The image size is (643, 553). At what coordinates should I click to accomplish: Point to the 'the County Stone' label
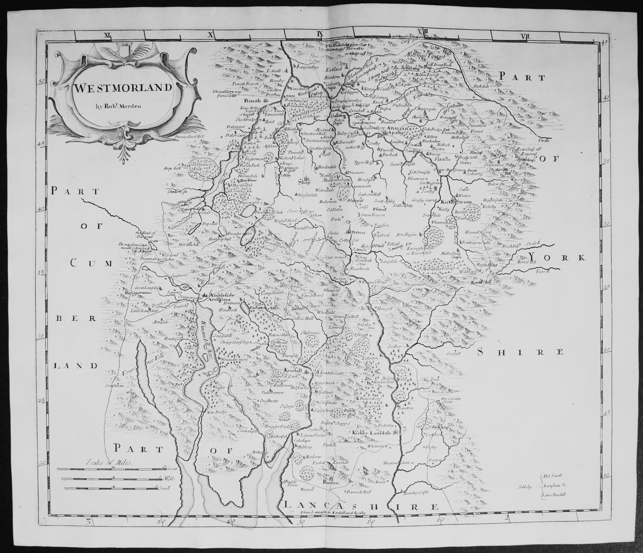[x=451, y=400]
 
